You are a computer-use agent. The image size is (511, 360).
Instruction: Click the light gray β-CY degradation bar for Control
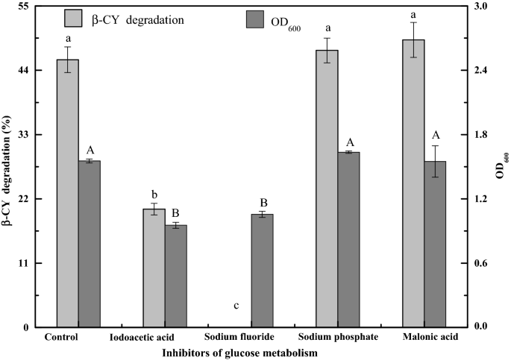click(x=68, y=194)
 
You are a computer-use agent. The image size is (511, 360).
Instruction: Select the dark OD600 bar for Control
click(x=90, y=244)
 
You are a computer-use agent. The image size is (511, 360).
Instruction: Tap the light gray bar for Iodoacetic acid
click(x=154, y=268)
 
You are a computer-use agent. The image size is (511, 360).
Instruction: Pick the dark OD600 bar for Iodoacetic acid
click(x=176, y=276)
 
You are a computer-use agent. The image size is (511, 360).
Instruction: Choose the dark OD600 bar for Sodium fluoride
click(x=262, y=271)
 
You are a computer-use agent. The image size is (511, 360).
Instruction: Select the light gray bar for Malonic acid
click(x=413, y=183)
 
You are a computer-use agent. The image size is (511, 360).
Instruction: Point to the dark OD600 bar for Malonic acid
click(x=435, y=244)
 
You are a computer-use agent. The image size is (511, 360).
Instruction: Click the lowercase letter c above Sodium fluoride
click(x=236, y=306)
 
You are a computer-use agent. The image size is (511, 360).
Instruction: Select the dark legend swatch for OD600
click(x=259, y=17)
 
